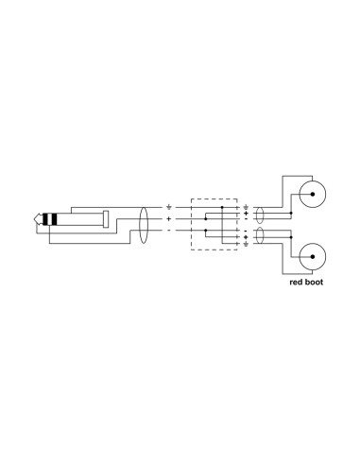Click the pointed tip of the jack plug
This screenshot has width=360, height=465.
[x=34, y=219]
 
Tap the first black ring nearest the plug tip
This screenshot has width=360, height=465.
[x=44, y=219]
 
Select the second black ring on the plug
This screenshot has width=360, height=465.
[x=54, y=219]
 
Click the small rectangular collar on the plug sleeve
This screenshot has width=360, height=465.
[x=106, y=219]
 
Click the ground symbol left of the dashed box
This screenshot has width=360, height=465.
[x=169, y=207]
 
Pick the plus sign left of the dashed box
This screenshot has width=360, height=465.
[x=169, y=218]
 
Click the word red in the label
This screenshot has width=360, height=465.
[x=296, y=282]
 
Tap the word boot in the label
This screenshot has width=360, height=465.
[x=314, y=282]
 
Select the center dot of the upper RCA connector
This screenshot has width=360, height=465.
[x=313, y=194]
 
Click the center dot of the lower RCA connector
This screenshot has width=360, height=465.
[x=313, y=256]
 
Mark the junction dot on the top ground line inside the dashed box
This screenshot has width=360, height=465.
[x=222, y=207]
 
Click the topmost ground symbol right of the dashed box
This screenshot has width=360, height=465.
[x=246, y=207]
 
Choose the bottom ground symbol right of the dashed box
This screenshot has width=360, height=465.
[x=246, y=244]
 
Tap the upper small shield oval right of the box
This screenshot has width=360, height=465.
[x=259, y=215]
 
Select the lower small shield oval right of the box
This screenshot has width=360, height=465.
[x=259, y=235]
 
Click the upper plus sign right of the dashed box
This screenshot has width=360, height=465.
[x=246, y=214]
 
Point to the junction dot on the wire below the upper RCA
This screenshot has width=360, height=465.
[x=291, y=214]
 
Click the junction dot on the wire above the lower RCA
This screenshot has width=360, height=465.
[x=291, y=237]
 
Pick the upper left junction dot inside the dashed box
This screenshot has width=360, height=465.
[x=206, y=218]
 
